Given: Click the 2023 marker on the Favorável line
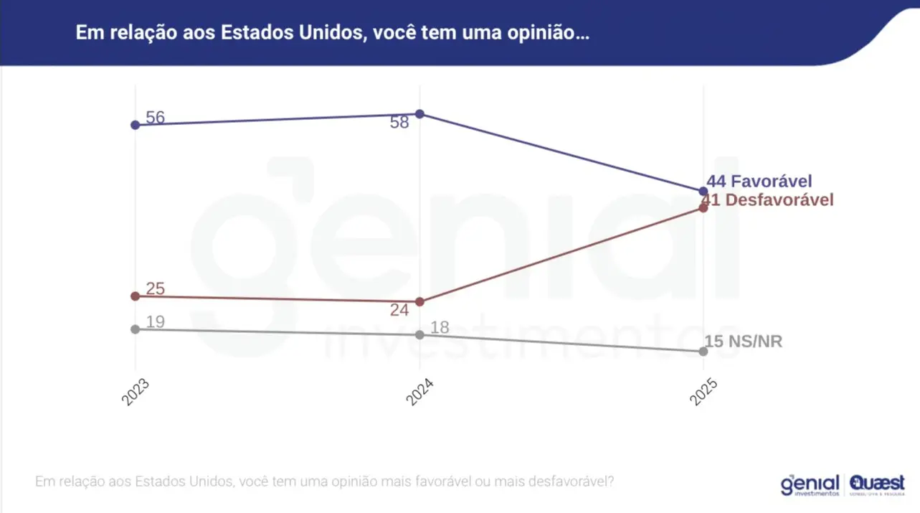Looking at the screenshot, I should [136, 125].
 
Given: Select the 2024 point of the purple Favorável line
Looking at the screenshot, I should [420, 114].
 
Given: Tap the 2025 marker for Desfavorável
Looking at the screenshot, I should [703, 207].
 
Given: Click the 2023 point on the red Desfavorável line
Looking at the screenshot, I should [136, 296].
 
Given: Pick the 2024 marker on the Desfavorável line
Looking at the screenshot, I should [420, 301].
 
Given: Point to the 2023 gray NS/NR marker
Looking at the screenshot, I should [136, 329].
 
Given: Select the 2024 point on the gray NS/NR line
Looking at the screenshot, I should [420, 334].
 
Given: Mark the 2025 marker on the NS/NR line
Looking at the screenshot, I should [703, 352].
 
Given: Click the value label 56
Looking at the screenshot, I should [155, 118].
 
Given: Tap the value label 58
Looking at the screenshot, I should [399, 123].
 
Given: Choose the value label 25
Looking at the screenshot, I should [156, 289].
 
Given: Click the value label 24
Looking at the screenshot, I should [399, 311].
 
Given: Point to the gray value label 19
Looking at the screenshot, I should [156, 322].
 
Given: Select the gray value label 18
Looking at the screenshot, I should [440, 328].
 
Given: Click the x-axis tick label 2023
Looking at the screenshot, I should [136, 392].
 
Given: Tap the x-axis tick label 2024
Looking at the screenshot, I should [420, 392].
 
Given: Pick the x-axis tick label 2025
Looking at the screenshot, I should [703, 392].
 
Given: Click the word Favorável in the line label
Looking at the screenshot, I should [772, 182].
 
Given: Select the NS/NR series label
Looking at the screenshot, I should [754, 342].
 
